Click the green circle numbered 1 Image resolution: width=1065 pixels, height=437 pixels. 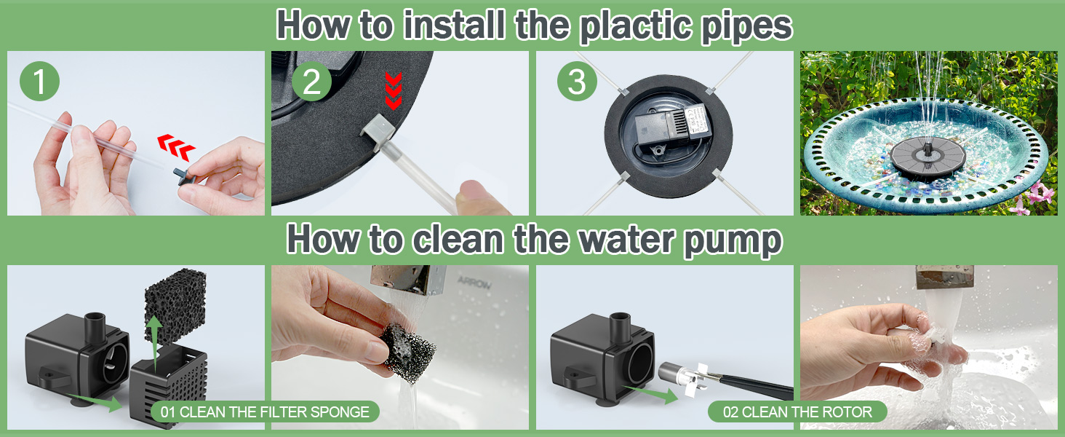(39, 81)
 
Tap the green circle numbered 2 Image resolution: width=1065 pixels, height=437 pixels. (311, 81)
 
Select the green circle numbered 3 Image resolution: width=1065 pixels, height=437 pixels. (577, 81)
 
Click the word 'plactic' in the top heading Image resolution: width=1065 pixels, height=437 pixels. (637, 25)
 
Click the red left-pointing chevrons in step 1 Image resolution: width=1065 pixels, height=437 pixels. (176, 147)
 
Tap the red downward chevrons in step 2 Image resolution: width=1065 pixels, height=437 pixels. (394, 91)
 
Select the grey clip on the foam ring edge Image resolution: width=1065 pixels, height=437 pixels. (378, 131)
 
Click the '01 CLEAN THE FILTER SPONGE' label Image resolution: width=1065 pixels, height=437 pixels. (265, 412)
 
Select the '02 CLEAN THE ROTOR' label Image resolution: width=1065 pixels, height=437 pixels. (797, 412)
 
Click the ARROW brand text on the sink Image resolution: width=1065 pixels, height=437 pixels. (474, 283)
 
